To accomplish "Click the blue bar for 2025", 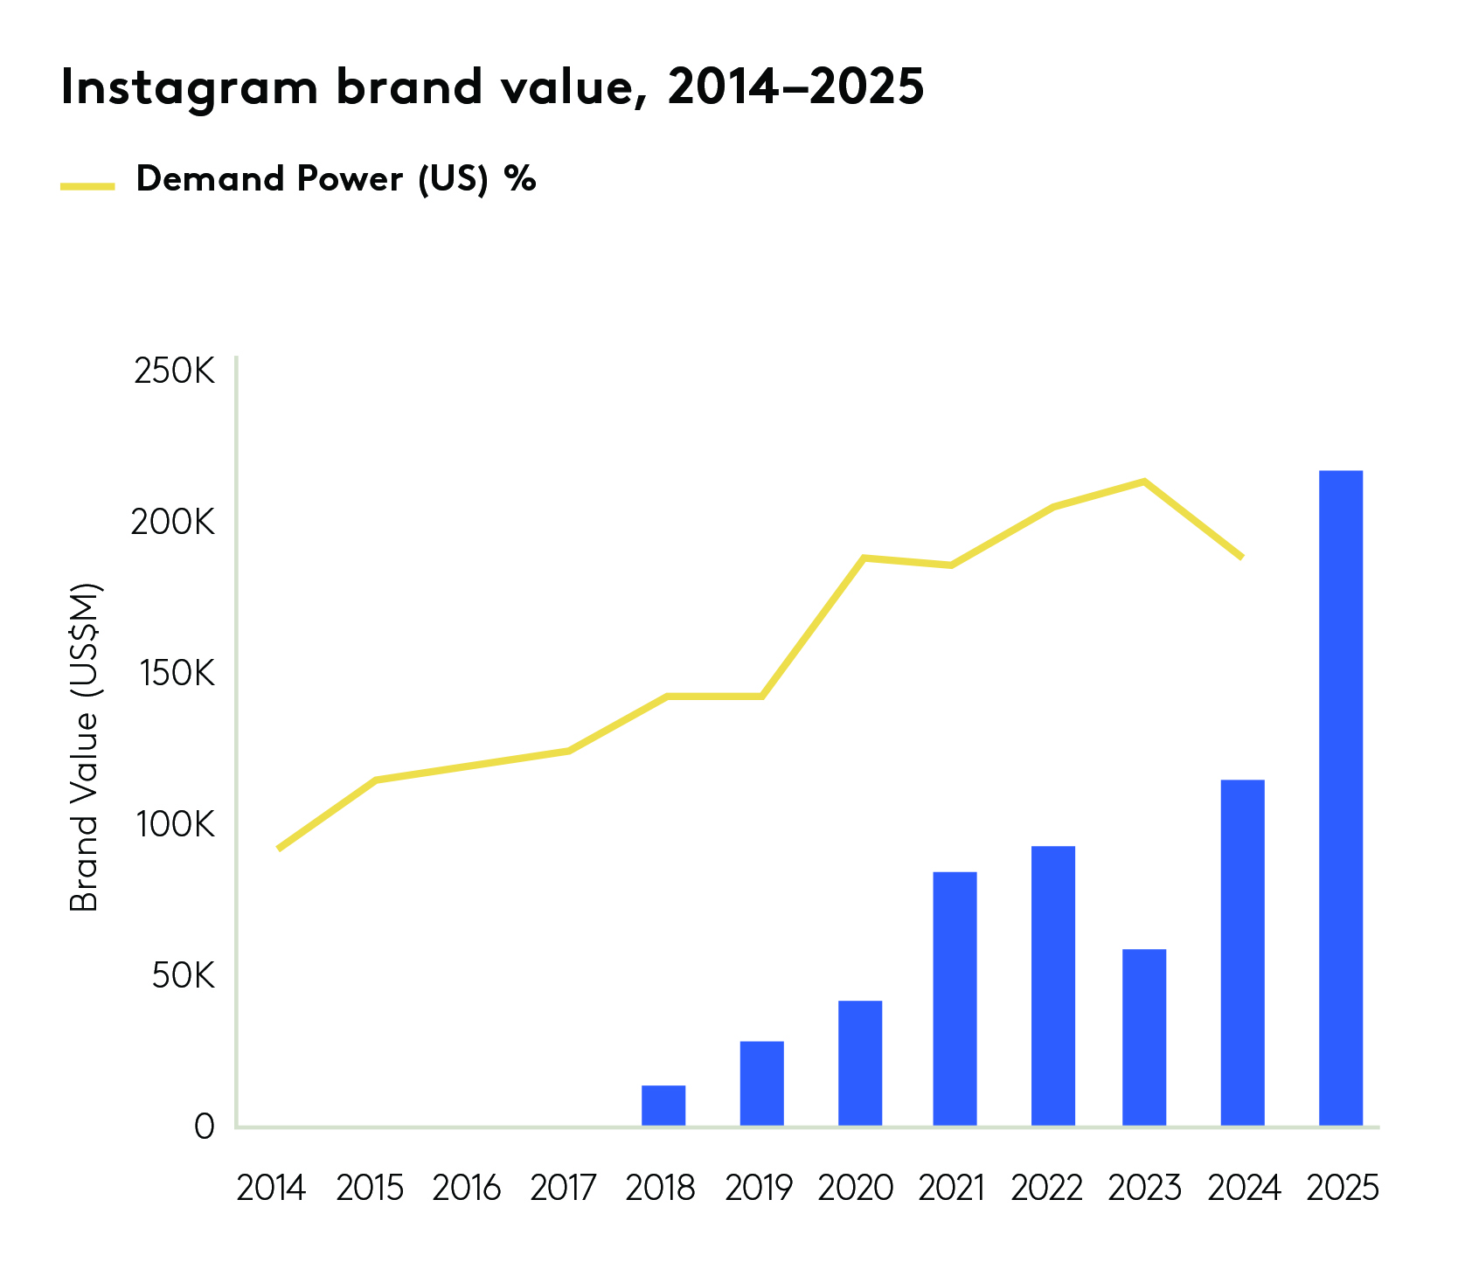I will pos(1340,797).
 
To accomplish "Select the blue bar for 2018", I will pos(663,1105).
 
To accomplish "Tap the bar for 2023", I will pos(1143,1037).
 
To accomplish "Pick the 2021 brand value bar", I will pos(955,998).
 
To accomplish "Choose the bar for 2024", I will pos(1242,952).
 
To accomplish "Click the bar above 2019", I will pos(761,1083).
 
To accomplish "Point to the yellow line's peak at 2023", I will pos(1143,482).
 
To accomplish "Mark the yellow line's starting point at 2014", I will pos(279,848).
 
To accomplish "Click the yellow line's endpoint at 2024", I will pos(1241,557).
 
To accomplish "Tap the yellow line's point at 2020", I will pos(864,558).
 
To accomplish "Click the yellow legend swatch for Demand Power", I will pos(87,185).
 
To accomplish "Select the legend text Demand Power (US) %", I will pos(336,179).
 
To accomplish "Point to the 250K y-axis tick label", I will pos(174,371).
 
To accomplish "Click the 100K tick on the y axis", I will pos(174,824).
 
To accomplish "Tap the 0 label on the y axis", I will pos(204,1127).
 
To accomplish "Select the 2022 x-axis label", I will pos(1046,1189).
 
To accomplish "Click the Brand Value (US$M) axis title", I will pos(85,747).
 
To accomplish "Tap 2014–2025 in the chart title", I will pos(795,87).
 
